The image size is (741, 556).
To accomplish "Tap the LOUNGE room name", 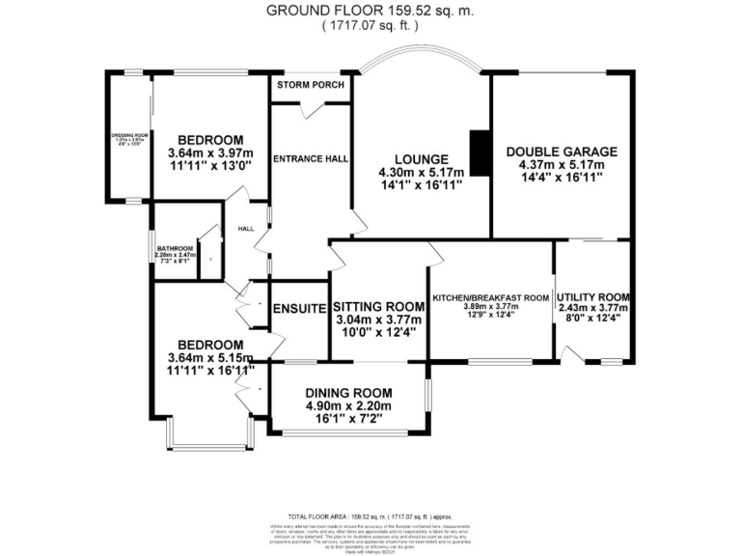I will point(421,159).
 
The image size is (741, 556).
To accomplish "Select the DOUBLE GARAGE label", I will point(562,152).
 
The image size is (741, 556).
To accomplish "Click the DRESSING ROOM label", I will point(128,135).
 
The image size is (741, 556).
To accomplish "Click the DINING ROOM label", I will point(348,393).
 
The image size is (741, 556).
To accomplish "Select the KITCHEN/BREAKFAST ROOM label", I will point(491,298).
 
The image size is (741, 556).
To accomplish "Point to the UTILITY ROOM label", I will point(592,296).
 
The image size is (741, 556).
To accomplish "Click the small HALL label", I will point(246,229).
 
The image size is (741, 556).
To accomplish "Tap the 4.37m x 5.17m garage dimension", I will point(562,165).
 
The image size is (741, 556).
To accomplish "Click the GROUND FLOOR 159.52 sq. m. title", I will point(370,12).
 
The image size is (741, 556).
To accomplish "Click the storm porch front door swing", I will point(311,109).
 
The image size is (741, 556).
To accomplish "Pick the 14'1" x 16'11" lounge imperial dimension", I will point(421,186).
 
